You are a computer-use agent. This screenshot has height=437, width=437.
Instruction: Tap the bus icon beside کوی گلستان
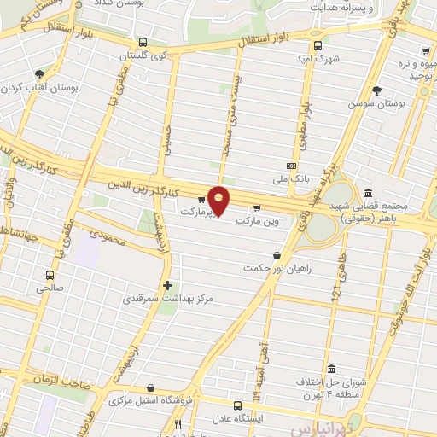click(x=142, y=42)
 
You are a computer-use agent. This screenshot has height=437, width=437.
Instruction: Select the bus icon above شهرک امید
click(x=318, y=46)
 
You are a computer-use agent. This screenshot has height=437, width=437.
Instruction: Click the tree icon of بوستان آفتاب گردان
click(x=40, y=75)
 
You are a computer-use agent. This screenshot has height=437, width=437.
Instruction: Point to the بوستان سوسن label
click(x=373, y=103)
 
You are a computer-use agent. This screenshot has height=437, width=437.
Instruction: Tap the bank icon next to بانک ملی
click(x=292, y=166)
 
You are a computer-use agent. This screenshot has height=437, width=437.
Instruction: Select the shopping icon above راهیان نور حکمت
click(x=276, y=255)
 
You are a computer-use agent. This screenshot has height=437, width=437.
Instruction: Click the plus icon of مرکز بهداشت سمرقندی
click(x=167, y=286)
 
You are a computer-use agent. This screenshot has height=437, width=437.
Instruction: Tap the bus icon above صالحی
click(x=50, y=275)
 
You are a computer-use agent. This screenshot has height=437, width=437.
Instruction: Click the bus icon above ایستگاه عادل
click(x=238, y=405)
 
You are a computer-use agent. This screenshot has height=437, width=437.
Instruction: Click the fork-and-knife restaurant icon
click(x=178, y=424)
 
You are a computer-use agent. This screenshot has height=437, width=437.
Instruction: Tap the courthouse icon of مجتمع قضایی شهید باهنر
click(x=368, y=193)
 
